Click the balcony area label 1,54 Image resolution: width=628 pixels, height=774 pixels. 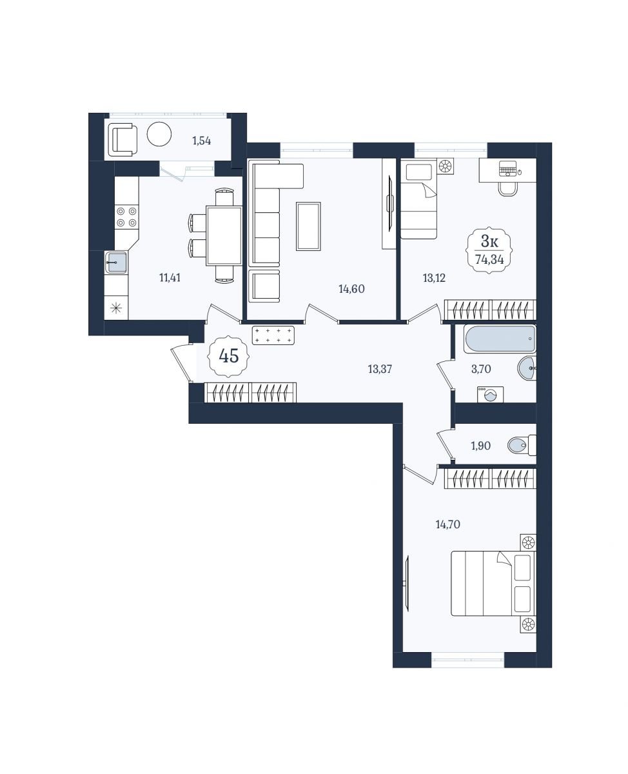(202, 141)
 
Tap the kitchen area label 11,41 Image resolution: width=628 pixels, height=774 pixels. (170, 278)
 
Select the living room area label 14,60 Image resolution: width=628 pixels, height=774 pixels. (351, 289)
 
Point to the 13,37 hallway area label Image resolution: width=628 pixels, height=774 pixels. (380, 369)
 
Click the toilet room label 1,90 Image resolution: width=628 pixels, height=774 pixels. (480, 446)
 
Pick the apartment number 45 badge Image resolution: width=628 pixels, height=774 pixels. (228, 356)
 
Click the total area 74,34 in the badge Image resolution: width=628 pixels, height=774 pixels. (489, 259)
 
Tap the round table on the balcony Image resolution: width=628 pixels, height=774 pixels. (159, 134)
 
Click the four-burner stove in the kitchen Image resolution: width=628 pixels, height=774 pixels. (127, 217)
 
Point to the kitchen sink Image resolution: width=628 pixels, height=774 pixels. (116, 263)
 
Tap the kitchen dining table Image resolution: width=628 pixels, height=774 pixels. (224, 235)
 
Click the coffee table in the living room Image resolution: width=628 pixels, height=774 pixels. (308, 226)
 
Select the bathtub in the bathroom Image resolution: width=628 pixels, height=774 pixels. (500, 339)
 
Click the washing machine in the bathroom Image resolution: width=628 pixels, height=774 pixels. (490, 394)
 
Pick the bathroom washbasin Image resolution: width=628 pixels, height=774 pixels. (527, 368)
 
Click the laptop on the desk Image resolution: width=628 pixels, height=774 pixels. (509, 168)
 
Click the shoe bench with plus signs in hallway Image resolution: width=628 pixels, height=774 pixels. (273, 335)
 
